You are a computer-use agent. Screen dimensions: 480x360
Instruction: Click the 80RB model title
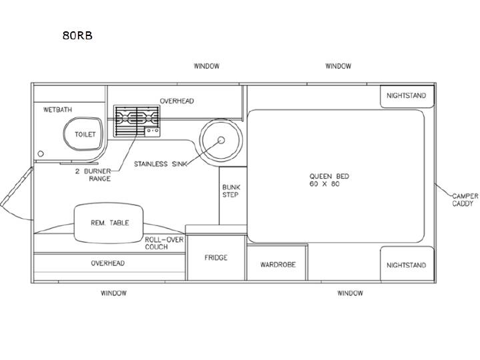(77, 35)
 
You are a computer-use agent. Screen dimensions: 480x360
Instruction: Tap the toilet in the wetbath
(83, 134)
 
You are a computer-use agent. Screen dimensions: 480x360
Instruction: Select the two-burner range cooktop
(137, 121)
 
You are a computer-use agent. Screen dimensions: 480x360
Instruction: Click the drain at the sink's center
(221, 140)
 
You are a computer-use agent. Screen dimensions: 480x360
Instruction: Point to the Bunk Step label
(231, 191)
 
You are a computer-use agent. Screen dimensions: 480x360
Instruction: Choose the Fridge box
(216, 257)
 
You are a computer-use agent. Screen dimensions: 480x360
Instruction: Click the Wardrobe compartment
(277, 263)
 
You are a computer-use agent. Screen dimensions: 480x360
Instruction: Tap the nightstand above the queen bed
(407, 96)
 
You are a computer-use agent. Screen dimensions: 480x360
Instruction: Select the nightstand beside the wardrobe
(407, 263)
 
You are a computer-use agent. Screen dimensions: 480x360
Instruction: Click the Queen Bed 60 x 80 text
(329, 180)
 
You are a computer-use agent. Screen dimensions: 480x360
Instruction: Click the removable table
(109, 223)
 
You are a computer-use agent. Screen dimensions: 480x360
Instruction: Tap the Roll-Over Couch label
(164, 243)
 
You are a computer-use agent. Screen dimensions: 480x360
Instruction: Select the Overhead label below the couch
(108, 263)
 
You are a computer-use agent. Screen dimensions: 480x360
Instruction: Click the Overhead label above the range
(177, 101)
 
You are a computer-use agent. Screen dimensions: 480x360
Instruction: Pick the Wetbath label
(57, 109)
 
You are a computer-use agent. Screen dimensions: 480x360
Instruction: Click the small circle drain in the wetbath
(41, 154)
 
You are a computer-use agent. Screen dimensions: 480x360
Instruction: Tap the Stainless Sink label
(161, 164)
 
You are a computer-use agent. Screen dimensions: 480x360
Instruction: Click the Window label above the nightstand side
(338, 66)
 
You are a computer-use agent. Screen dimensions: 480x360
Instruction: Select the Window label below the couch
(113, 293)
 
